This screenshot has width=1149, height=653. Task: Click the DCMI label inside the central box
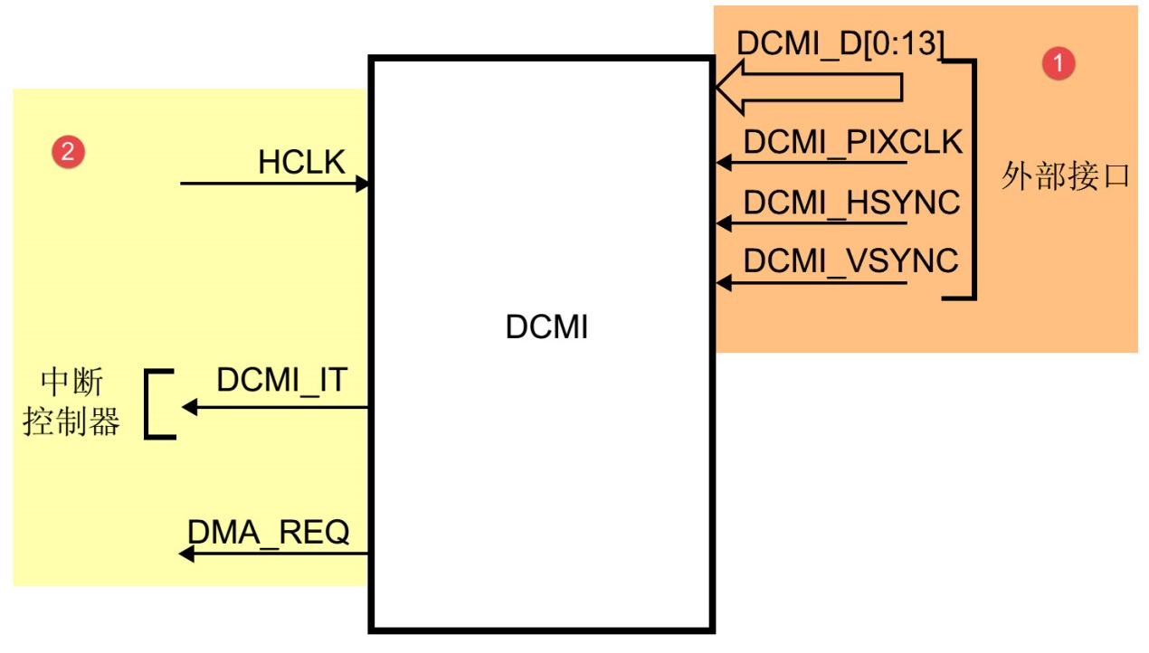tap(546, 326)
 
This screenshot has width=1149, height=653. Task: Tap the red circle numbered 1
tap(1059, 63)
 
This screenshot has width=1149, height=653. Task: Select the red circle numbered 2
tap(68, 151)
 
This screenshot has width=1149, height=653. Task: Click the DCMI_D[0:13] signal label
tap(840, 43)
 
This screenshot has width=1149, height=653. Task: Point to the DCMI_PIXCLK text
tap(852, 143)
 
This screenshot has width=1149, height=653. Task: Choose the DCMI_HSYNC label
tap(851, 203)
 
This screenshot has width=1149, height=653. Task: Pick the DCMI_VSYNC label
tap(850, 261)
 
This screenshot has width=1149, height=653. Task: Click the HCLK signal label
tap(301, 162)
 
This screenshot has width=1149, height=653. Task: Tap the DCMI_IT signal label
tap(281, 381)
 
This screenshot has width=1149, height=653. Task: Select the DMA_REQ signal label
tap(268, 532)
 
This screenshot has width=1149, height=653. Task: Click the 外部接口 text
tap(1065, 175)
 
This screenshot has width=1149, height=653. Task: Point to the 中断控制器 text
tap(71, 403)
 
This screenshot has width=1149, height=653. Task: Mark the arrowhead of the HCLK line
tap(363, 184)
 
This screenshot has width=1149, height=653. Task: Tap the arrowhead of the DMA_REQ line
tap(186, 553)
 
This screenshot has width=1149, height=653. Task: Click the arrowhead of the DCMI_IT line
tap(189, 407)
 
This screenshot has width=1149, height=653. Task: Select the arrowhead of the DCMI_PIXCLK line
tap(723, 163)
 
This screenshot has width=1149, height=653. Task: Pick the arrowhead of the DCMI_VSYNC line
tap(723, 283)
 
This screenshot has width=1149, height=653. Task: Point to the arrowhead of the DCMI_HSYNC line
tap(723, 222)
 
